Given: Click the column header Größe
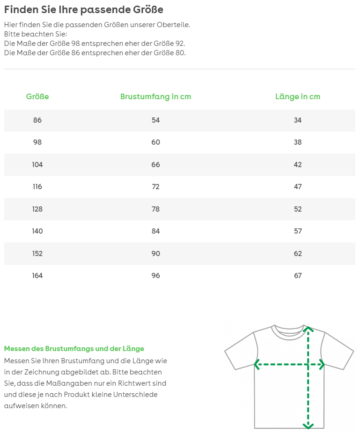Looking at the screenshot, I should point(37,97).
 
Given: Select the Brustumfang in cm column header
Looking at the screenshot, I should point(155,97).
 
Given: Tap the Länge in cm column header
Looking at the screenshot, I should point(298,97).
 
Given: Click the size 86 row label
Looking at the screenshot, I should point(37,120).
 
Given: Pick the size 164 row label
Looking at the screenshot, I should point(37,276).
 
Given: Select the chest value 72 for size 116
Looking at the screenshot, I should point(155,187).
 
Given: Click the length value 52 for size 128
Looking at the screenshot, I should point(298,209).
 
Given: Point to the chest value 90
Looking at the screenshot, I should point(155,254).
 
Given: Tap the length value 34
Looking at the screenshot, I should point(298,120).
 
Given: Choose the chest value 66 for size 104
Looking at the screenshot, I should point(155,165).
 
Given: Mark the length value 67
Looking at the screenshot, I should point(298,276).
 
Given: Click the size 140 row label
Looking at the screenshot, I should point(37,231).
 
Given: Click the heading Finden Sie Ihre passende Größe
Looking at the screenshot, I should point(84,10).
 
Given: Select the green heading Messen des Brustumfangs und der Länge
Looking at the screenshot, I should point(74,349).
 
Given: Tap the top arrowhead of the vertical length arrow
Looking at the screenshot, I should point(308,329).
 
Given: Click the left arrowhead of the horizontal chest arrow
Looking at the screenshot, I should point(257,364).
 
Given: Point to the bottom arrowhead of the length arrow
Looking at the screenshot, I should point(308,425).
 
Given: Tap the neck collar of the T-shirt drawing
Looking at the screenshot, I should point(287,329).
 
